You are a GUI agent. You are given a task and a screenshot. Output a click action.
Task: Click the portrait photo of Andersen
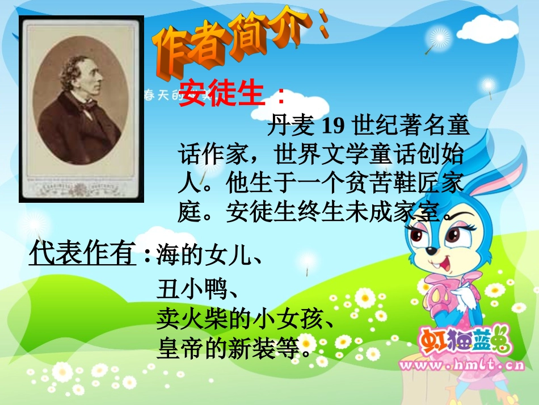(81, 108)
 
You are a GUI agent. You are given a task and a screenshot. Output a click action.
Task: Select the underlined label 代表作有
(82, 253)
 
